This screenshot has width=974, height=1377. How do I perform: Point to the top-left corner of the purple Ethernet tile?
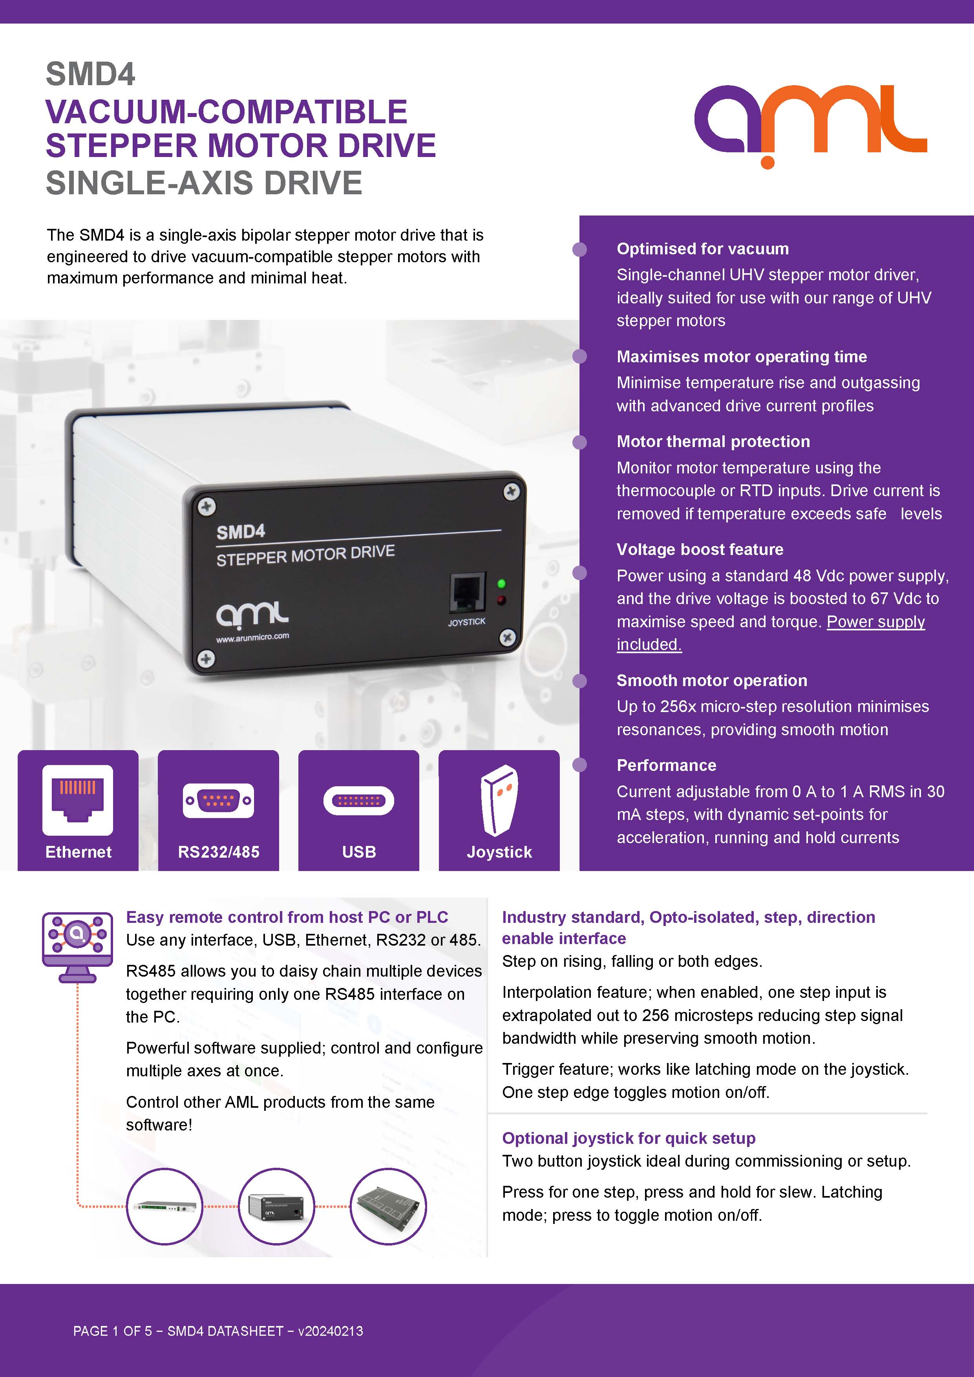tap(18, 750)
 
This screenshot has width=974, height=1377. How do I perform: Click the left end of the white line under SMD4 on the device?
tap(216, 546)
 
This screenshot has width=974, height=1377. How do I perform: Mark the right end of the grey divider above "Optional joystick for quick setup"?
tap(927, 1113)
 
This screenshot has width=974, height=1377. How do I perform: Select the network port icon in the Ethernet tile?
tap(77, 800)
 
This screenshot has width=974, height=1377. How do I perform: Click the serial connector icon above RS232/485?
tap(218, 800)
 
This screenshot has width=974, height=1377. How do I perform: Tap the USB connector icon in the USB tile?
tap(359, 800)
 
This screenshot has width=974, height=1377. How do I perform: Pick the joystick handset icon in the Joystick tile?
tap(499, 800)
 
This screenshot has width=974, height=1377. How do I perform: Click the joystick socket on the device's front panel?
tap(467, 593)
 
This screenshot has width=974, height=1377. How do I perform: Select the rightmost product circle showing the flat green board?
tap(388, 1206)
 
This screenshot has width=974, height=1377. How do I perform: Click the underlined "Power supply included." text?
tap(771, 633)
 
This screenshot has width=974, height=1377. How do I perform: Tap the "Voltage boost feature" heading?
tap(700, 550)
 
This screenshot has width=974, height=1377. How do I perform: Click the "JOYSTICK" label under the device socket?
tap(467, 622)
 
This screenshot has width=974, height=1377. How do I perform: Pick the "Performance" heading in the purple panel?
tap(666, 765)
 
